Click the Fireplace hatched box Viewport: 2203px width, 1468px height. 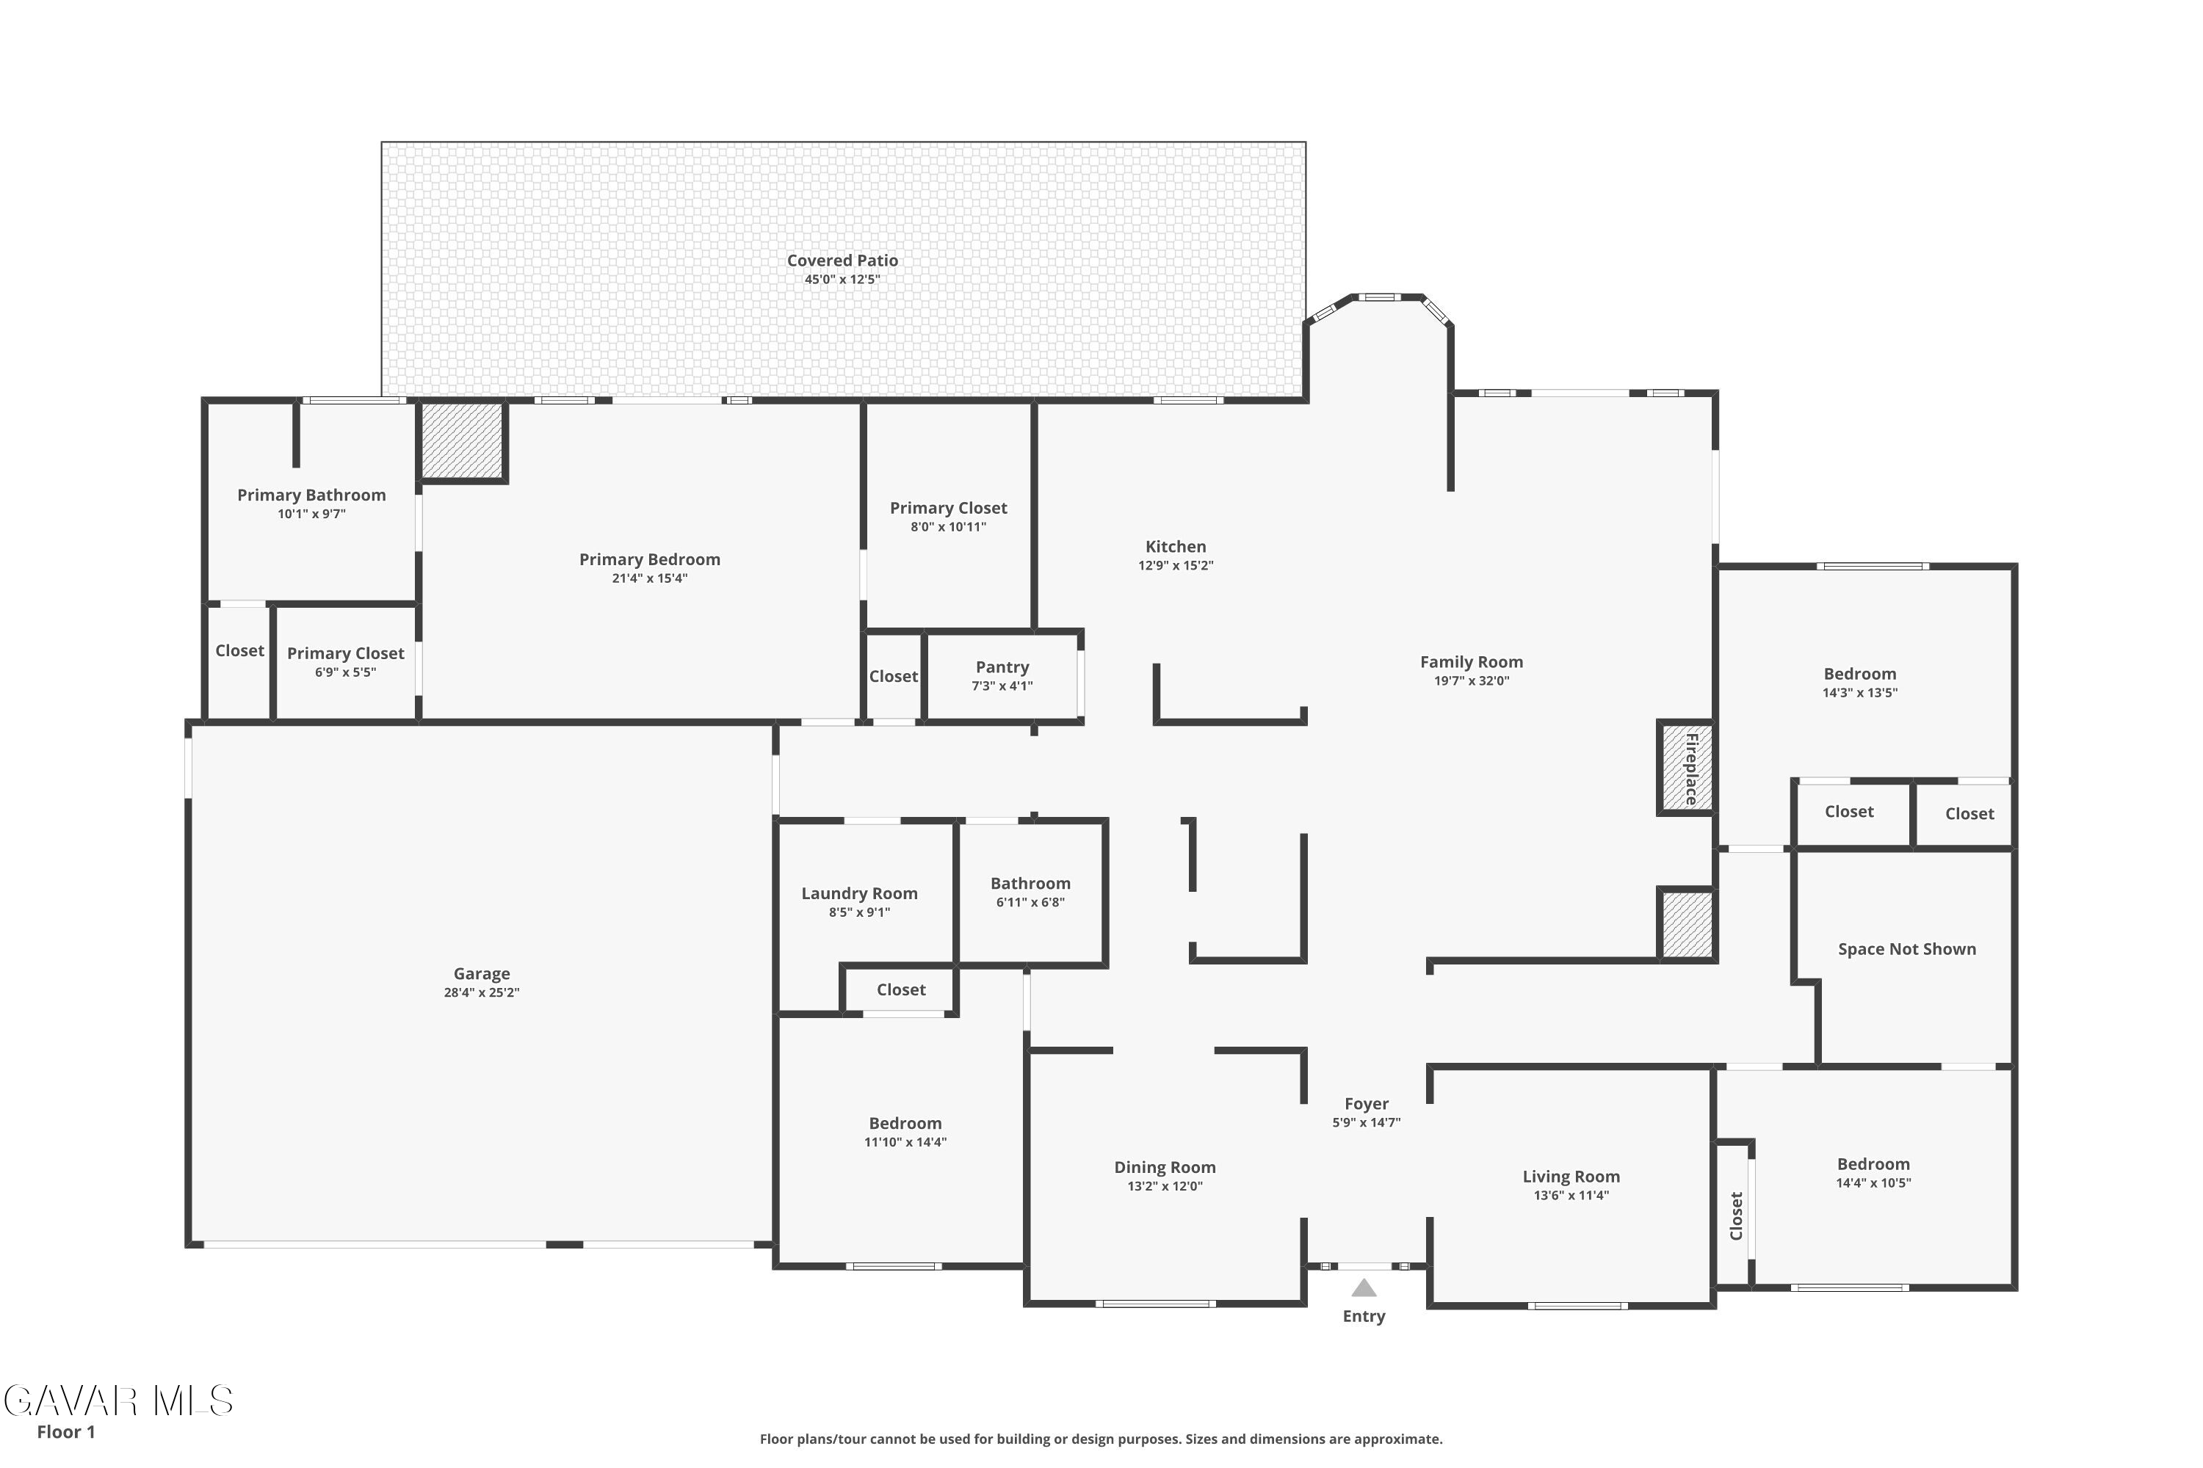[1687, 768]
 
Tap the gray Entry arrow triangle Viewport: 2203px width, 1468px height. [1364, 1288]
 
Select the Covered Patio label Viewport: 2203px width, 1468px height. [842, 261]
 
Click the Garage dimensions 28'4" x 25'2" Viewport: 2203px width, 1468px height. [482, 992]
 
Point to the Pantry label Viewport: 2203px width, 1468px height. [1002, 666]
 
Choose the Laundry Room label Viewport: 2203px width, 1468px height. [860, 893]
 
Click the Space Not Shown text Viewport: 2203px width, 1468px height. [1907, 948]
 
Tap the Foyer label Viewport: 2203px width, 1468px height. [1367, 1104]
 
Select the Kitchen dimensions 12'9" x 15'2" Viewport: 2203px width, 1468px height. [1176, 565]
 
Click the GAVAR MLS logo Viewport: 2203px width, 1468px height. [118, 1401]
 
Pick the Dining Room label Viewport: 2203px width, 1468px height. [1165, 1168]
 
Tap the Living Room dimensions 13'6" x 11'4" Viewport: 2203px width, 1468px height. [1571, 1196]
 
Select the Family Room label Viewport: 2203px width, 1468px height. [1472, 662]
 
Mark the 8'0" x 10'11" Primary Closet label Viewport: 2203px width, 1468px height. [949, 527]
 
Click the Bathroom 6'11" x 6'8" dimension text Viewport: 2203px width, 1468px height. [1030, 903]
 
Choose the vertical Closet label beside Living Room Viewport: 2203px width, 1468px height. [1737, 1216]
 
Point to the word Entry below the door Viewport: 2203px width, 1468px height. [1364, 1316]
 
